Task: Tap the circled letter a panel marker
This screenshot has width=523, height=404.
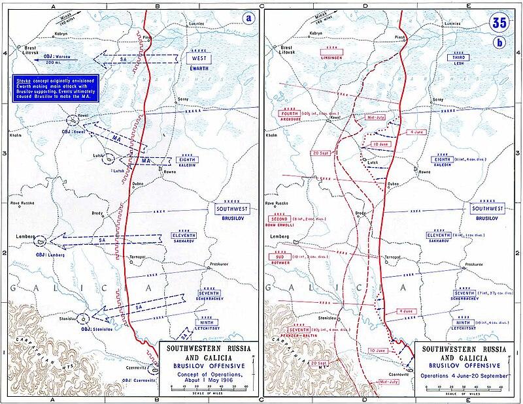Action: click(248, 18)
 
